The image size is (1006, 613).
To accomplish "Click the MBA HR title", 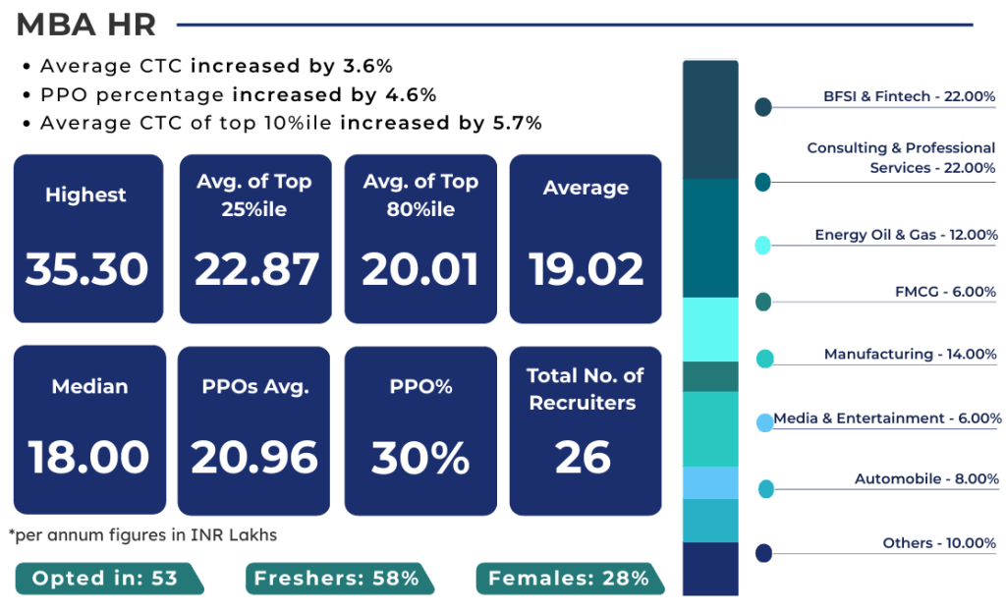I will coord(86,26).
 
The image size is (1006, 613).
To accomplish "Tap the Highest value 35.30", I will coord(87,269).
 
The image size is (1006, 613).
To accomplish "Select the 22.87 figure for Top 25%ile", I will coord(256,269).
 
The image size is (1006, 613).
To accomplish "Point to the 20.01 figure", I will coord(420,269).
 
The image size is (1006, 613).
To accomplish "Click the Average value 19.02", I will coord(587,269).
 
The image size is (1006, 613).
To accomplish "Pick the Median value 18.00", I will coord(88,458).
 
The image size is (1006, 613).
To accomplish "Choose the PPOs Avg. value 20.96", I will coord(255,458).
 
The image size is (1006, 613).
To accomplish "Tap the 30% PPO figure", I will coord(420,458).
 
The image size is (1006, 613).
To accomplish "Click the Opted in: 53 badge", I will coord(105,579).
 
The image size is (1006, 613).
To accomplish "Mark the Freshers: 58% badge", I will coord(336,579).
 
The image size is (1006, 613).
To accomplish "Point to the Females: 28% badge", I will coord(568,579).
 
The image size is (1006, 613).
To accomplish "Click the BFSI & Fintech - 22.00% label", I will coord(910,96).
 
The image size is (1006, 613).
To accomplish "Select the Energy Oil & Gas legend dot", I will coord(762,246).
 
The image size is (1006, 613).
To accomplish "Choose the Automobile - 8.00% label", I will coord(925,479).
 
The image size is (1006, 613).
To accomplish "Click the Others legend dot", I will coord(763,553).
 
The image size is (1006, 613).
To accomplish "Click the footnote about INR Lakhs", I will coord(142,535).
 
